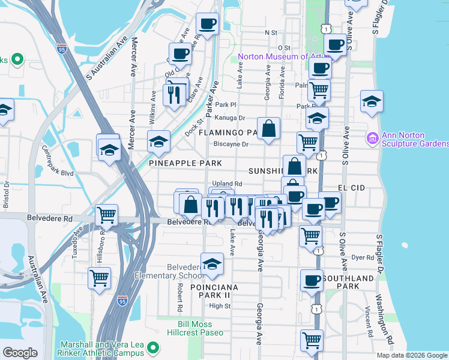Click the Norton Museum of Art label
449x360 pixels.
(x=280, y=57)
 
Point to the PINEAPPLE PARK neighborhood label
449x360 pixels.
(x=185, y=163)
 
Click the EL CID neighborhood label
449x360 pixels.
(x=351, y=188)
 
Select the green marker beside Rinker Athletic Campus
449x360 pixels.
(x=154, y=347)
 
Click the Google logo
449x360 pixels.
(x=20, y=353)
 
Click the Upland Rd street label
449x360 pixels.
(x=226, y=184)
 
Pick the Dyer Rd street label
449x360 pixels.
(x=363, y=257)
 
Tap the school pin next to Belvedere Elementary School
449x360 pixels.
(x=211, y=264)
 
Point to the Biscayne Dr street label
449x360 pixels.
(x=231, y=144)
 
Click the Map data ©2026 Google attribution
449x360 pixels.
(x=412, y=355)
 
